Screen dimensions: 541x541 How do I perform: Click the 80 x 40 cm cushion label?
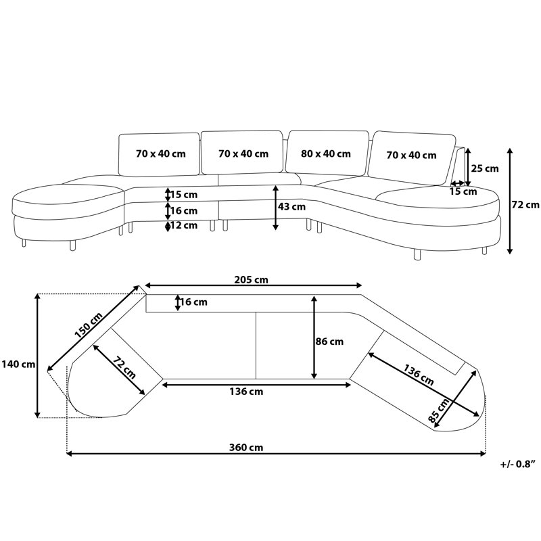[326, 154]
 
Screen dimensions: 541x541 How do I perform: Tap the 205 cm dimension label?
[251, 279]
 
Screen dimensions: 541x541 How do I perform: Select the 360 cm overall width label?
[246, 448]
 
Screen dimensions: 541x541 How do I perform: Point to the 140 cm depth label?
[18, 364]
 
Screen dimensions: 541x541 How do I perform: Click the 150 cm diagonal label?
[89, 325]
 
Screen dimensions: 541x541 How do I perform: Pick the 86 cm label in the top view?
[329, 342]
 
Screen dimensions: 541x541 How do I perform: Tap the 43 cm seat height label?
[291, 207]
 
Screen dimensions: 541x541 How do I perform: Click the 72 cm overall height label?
[525, 205]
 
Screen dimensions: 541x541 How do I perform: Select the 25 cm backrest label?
[485, 168]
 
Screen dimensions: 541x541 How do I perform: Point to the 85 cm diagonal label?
[439, 410]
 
